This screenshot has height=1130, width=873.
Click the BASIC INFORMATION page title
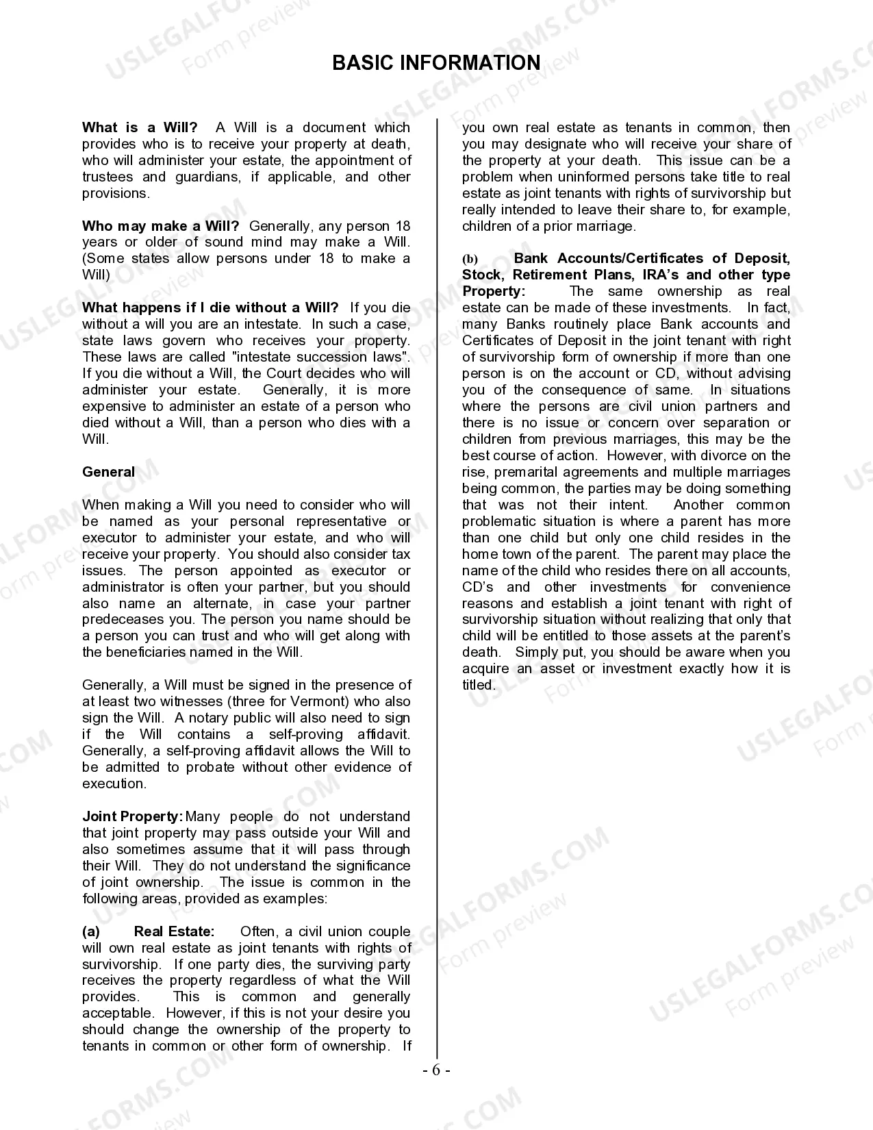tap(436, 63)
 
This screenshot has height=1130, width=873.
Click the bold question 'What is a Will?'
tap(140, 127)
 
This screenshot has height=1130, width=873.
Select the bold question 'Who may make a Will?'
tap(160, 226)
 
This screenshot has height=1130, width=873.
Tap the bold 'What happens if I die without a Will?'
tap(210, 307)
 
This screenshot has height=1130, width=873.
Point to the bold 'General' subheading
tap(108, 472)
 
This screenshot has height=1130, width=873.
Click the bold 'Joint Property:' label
tap(132, 816)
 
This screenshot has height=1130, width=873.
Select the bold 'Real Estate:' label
tap(174, 931)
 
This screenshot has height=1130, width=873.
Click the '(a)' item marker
tap(91, 931)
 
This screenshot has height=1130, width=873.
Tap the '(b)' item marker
tap(470, 259)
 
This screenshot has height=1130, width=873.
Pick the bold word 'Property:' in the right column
tap(493, 291)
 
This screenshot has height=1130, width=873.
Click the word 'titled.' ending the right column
tap(478, 685)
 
